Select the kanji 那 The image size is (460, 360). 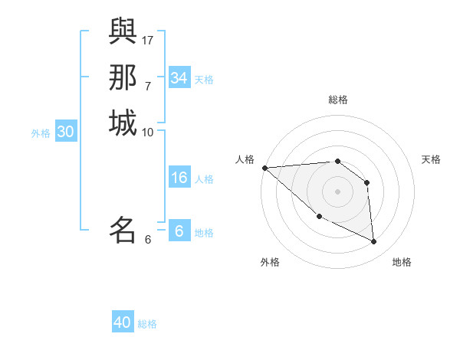tap(123, 77)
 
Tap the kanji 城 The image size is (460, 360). tap(123, 123)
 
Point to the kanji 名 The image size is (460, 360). tap(123, 229)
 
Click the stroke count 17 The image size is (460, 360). tap(148, 40)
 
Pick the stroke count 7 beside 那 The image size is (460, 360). tap(148, 86)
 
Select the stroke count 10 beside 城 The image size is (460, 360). tap(148, 132)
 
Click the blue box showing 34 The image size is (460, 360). tap(179, 78)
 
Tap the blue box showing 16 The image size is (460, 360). tap(179, 178)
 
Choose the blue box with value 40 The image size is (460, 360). tap(123, 323)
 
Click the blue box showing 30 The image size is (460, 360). tap(66, 132)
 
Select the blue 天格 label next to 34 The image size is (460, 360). tap(204, 79)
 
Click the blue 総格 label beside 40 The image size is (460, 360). tap(147, 324)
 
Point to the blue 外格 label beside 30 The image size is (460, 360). tap(41, 133)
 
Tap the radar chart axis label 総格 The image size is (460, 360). tap(338, 100)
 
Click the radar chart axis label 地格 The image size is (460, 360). tap(402, 262)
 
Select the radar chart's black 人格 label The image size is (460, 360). tap(245, 159)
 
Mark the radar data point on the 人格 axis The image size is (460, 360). tap(264, 168)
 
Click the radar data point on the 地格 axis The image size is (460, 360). tap(374, 242)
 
